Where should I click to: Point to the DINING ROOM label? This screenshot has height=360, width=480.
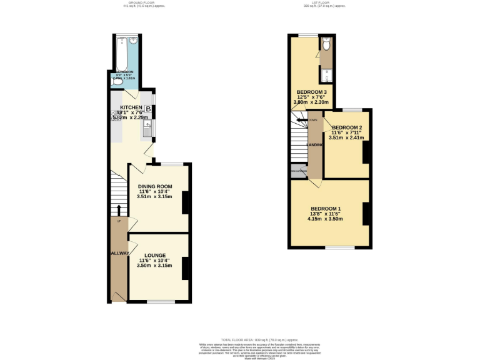[x=154, y=186]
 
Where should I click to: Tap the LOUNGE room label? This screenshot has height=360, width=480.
[x=154, y=255]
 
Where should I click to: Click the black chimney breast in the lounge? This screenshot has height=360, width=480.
[x=186, y=268]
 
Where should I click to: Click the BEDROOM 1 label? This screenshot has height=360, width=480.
[x=326, y=208]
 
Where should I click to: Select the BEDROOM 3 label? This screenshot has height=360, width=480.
[x=312, y=92]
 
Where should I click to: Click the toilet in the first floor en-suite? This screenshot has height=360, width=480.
[x=326, y=44]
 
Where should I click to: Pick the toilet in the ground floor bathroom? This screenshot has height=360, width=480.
[x=117, y=80]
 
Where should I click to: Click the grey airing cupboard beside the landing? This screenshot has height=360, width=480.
[x=298, y=171]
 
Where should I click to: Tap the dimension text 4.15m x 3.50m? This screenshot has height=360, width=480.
[x=326, y=219]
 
